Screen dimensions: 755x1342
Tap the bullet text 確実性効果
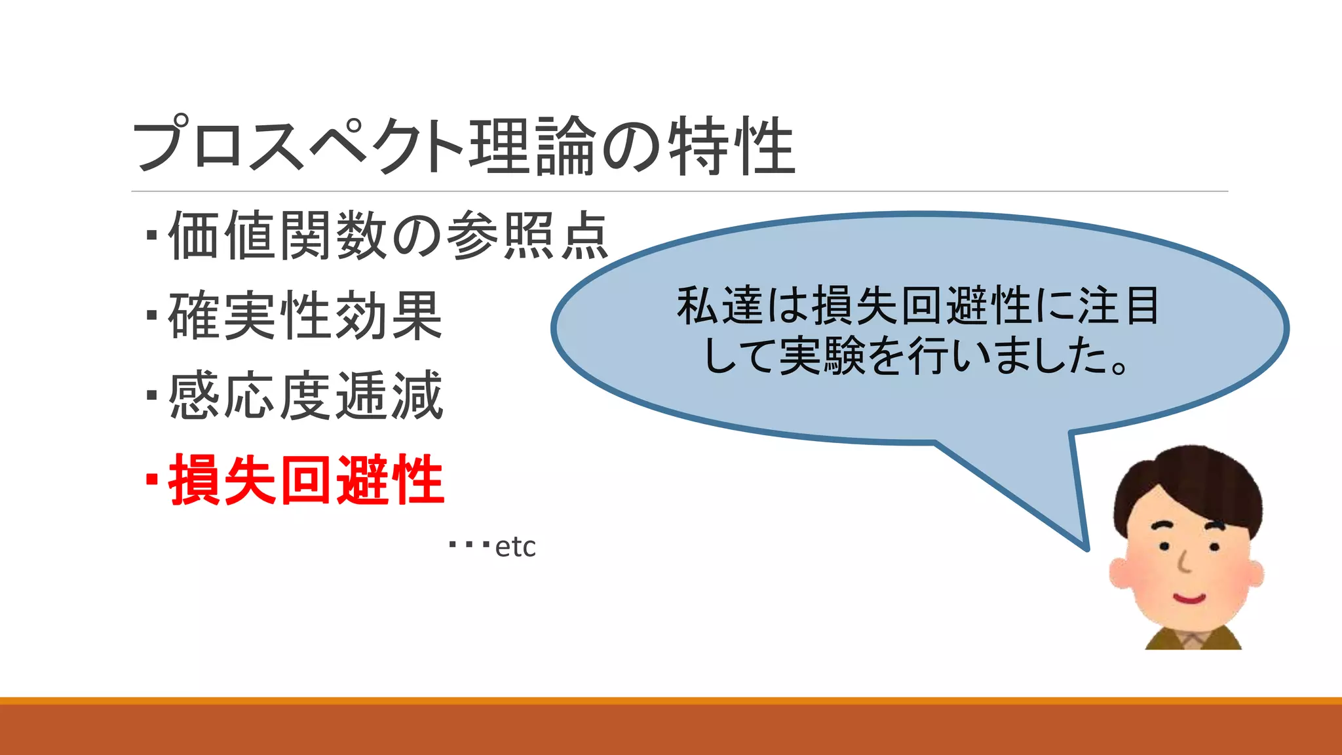(x=305, y=316)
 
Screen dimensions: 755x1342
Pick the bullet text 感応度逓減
(x=306, y=396)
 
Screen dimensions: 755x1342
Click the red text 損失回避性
(x=306, y=480)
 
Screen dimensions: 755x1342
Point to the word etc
(x=515, y=547)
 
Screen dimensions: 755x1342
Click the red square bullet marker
(x=152, y=480)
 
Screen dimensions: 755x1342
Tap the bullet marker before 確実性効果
(x=152, y=316)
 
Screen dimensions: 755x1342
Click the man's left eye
(x=1164, y=546)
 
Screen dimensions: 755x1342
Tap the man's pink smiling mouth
(x=1189, y=598)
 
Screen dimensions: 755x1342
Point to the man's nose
(x=1183, y=564)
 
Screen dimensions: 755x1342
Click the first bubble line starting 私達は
(x=918, y=306)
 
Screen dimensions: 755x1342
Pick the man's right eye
(x=1214, y=547)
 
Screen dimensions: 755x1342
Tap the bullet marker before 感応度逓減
(x=152, y=396)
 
